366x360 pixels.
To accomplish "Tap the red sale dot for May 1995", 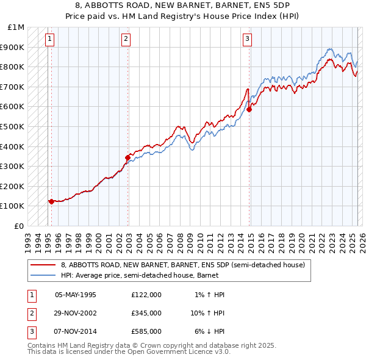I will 51,201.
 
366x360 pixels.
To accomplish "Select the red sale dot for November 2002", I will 127,157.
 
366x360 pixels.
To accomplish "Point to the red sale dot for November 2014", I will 249,110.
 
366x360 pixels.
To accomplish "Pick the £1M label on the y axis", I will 16,27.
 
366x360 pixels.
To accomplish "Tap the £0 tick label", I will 20,226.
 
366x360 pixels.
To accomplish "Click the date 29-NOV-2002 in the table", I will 76,313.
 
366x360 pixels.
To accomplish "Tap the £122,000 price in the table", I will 146,295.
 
